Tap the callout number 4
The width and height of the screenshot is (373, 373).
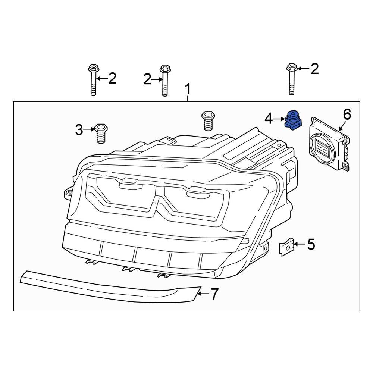(269, 119)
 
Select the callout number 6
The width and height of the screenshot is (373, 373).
(347, 115)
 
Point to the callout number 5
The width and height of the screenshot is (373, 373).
(311, 245)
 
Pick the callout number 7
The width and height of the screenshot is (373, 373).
(214, 294)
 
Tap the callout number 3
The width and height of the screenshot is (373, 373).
(79, 130)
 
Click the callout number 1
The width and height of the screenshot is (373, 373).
(188, 90)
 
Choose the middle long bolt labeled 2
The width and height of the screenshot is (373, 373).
(164, 80)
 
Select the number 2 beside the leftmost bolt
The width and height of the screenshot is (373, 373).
(112, 79)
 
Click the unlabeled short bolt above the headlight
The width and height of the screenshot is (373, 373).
(207, 120)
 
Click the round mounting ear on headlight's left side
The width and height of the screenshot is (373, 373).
(68, 193)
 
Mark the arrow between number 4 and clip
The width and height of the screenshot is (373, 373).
(279, 119)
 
